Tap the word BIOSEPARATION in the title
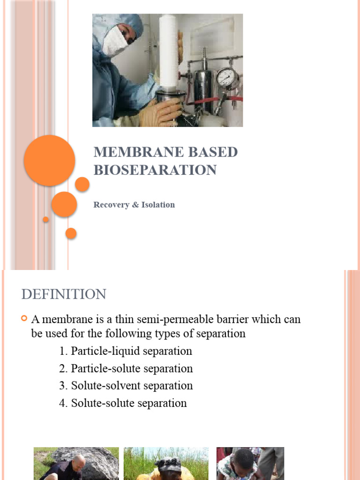tap(155, 170)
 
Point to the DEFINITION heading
tap(64, 294)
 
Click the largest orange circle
tap(49, 160)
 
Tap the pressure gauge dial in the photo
tap(227, 77)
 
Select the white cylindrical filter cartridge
tap(168, 52)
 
